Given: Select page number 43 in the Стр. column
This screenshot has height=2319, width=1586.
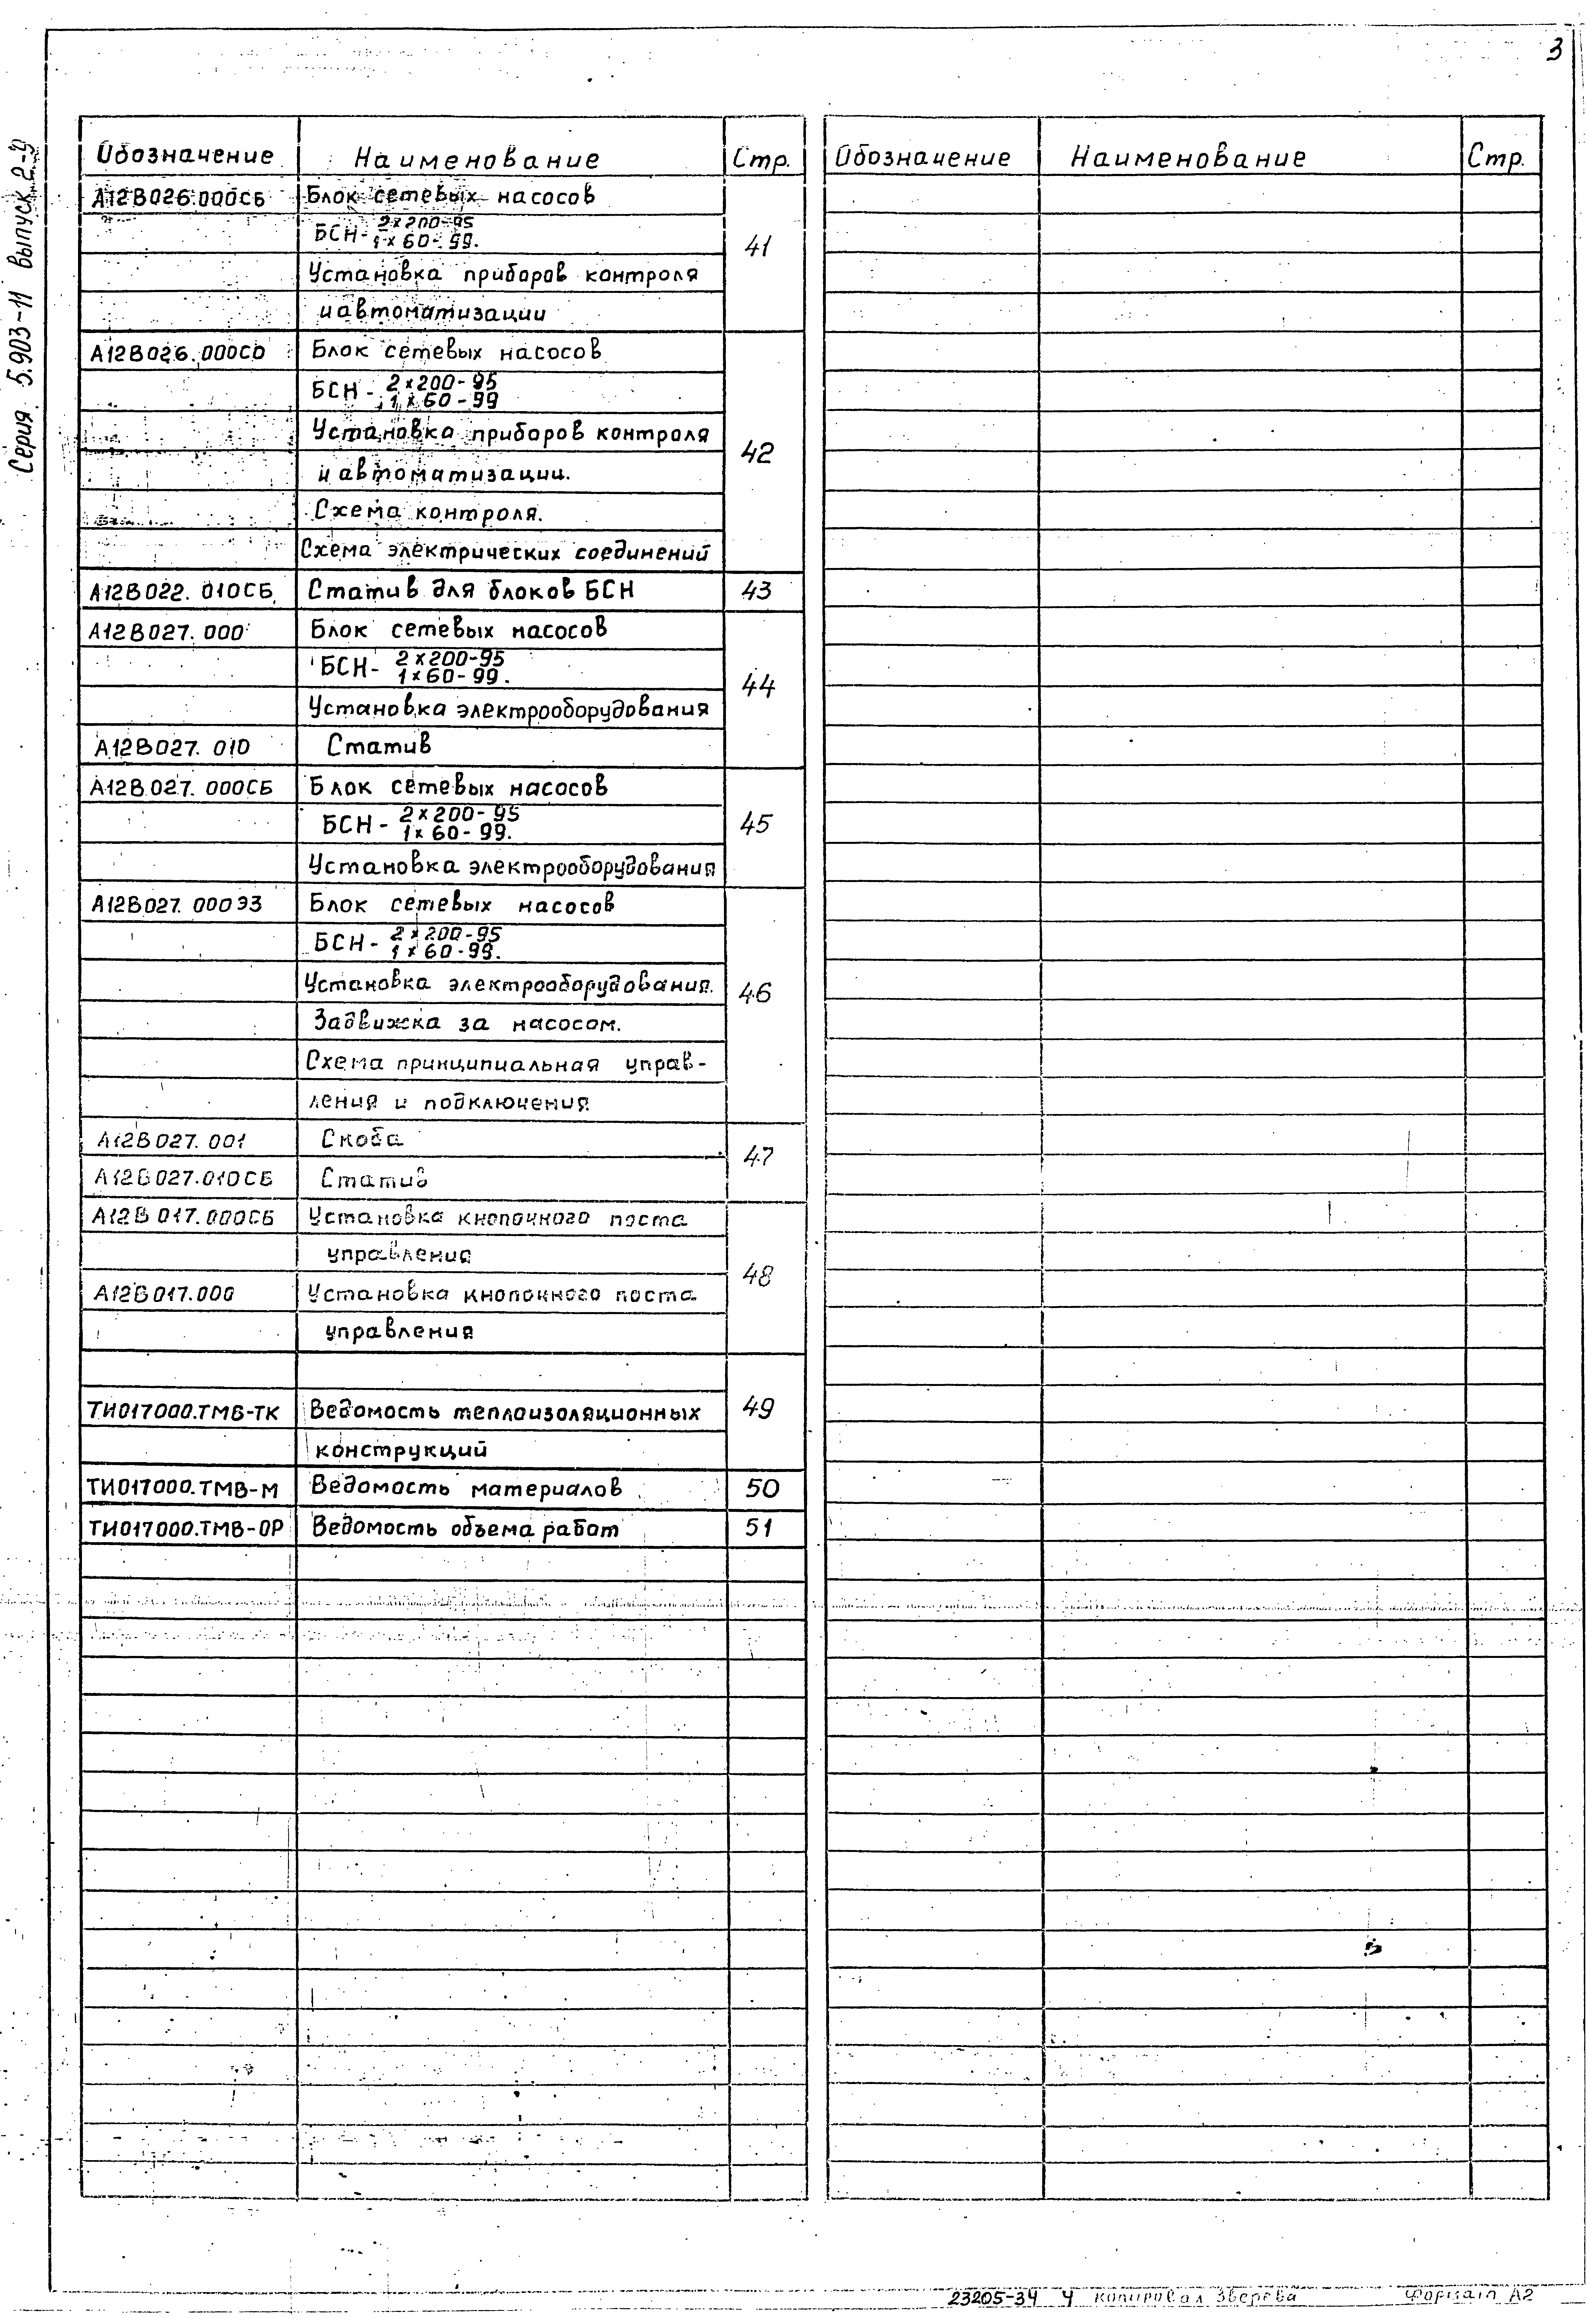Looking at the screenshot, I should click(757, 591).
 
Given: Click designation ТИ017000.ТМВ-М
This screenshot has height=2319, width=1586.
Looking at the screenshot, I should click(183, 1490).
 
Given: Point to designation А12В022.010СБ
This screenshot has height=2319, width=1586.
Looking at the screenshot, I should click(182, 592).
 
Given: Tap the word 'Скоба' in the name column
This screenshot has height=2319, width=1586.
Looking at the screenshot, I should click(362, 1138).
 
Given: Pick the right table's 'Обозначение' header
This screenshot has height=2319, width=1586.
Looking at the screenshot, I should click(923, 158).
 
